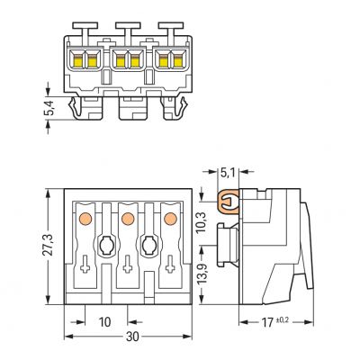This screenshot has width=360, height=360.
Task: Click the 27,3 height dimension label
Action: tap(48, 245)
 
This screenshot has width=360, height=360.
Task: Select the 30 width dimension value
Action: tap(132, 337)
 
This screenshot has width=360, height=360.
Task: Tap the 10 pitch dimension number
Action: tap(104, 322)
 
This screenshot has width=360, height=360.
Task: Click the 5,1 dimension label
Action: tap(228, 173)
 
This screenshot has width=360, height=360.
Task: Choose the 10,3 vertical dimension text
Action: tap(202, 222)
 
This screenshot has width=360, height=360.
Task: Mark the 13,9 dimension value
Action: tap(203, 274)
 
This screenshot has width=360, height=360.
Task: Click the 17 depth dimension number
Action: tap(267, 322)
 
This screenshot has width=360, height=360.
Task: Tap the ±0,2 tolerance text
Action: tap(282, 320)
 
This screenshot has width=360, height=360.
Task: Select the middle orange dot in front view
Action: tap(128, 219)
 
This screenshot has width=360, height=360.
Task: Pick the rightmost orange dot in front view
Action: tap(170, 219)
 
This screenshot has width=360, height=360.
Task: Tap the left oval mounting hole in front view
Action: tap(105, 245)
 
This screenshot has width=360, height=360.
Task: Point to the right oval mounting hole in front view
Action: tap(148, 245)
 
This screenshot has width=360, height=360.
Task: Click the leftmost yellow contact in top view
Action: tap(77, 62)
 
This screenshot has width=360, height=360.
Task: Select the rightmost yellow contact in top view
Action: tap(178, 62)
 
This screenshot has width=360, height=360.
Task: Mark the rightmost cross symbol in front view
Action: tap(170, 264)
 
